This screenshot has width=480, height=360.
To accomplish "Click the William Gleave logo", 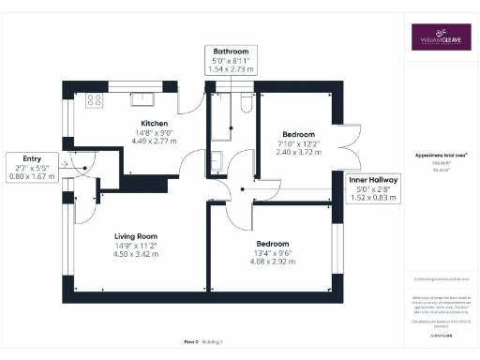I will (441, 38).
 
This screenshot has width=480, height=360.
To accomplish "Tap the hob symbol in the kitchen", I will (94, 98).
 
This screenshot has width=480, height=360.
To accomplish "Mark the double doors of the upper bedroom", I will (350, 142).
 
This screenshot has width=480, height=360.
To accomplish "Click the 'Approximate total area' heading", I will (441, 155).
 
